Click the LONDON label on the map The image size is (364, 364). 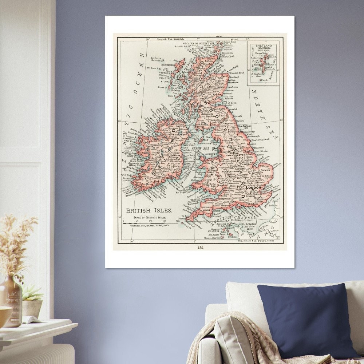pyautogui.click(x=253, y=188)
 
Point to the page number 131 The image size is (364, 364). pyautogui.click(x=200, y=248)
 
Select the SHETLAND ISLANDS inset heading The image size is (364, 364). pyautogui.click(x=263, y=47)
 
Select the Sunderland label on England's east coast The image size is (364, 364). pyautogui.click(x=244, y=126)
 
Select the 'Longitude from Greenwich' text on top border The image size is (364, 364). pyautogui.click(x=171, y=39)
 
